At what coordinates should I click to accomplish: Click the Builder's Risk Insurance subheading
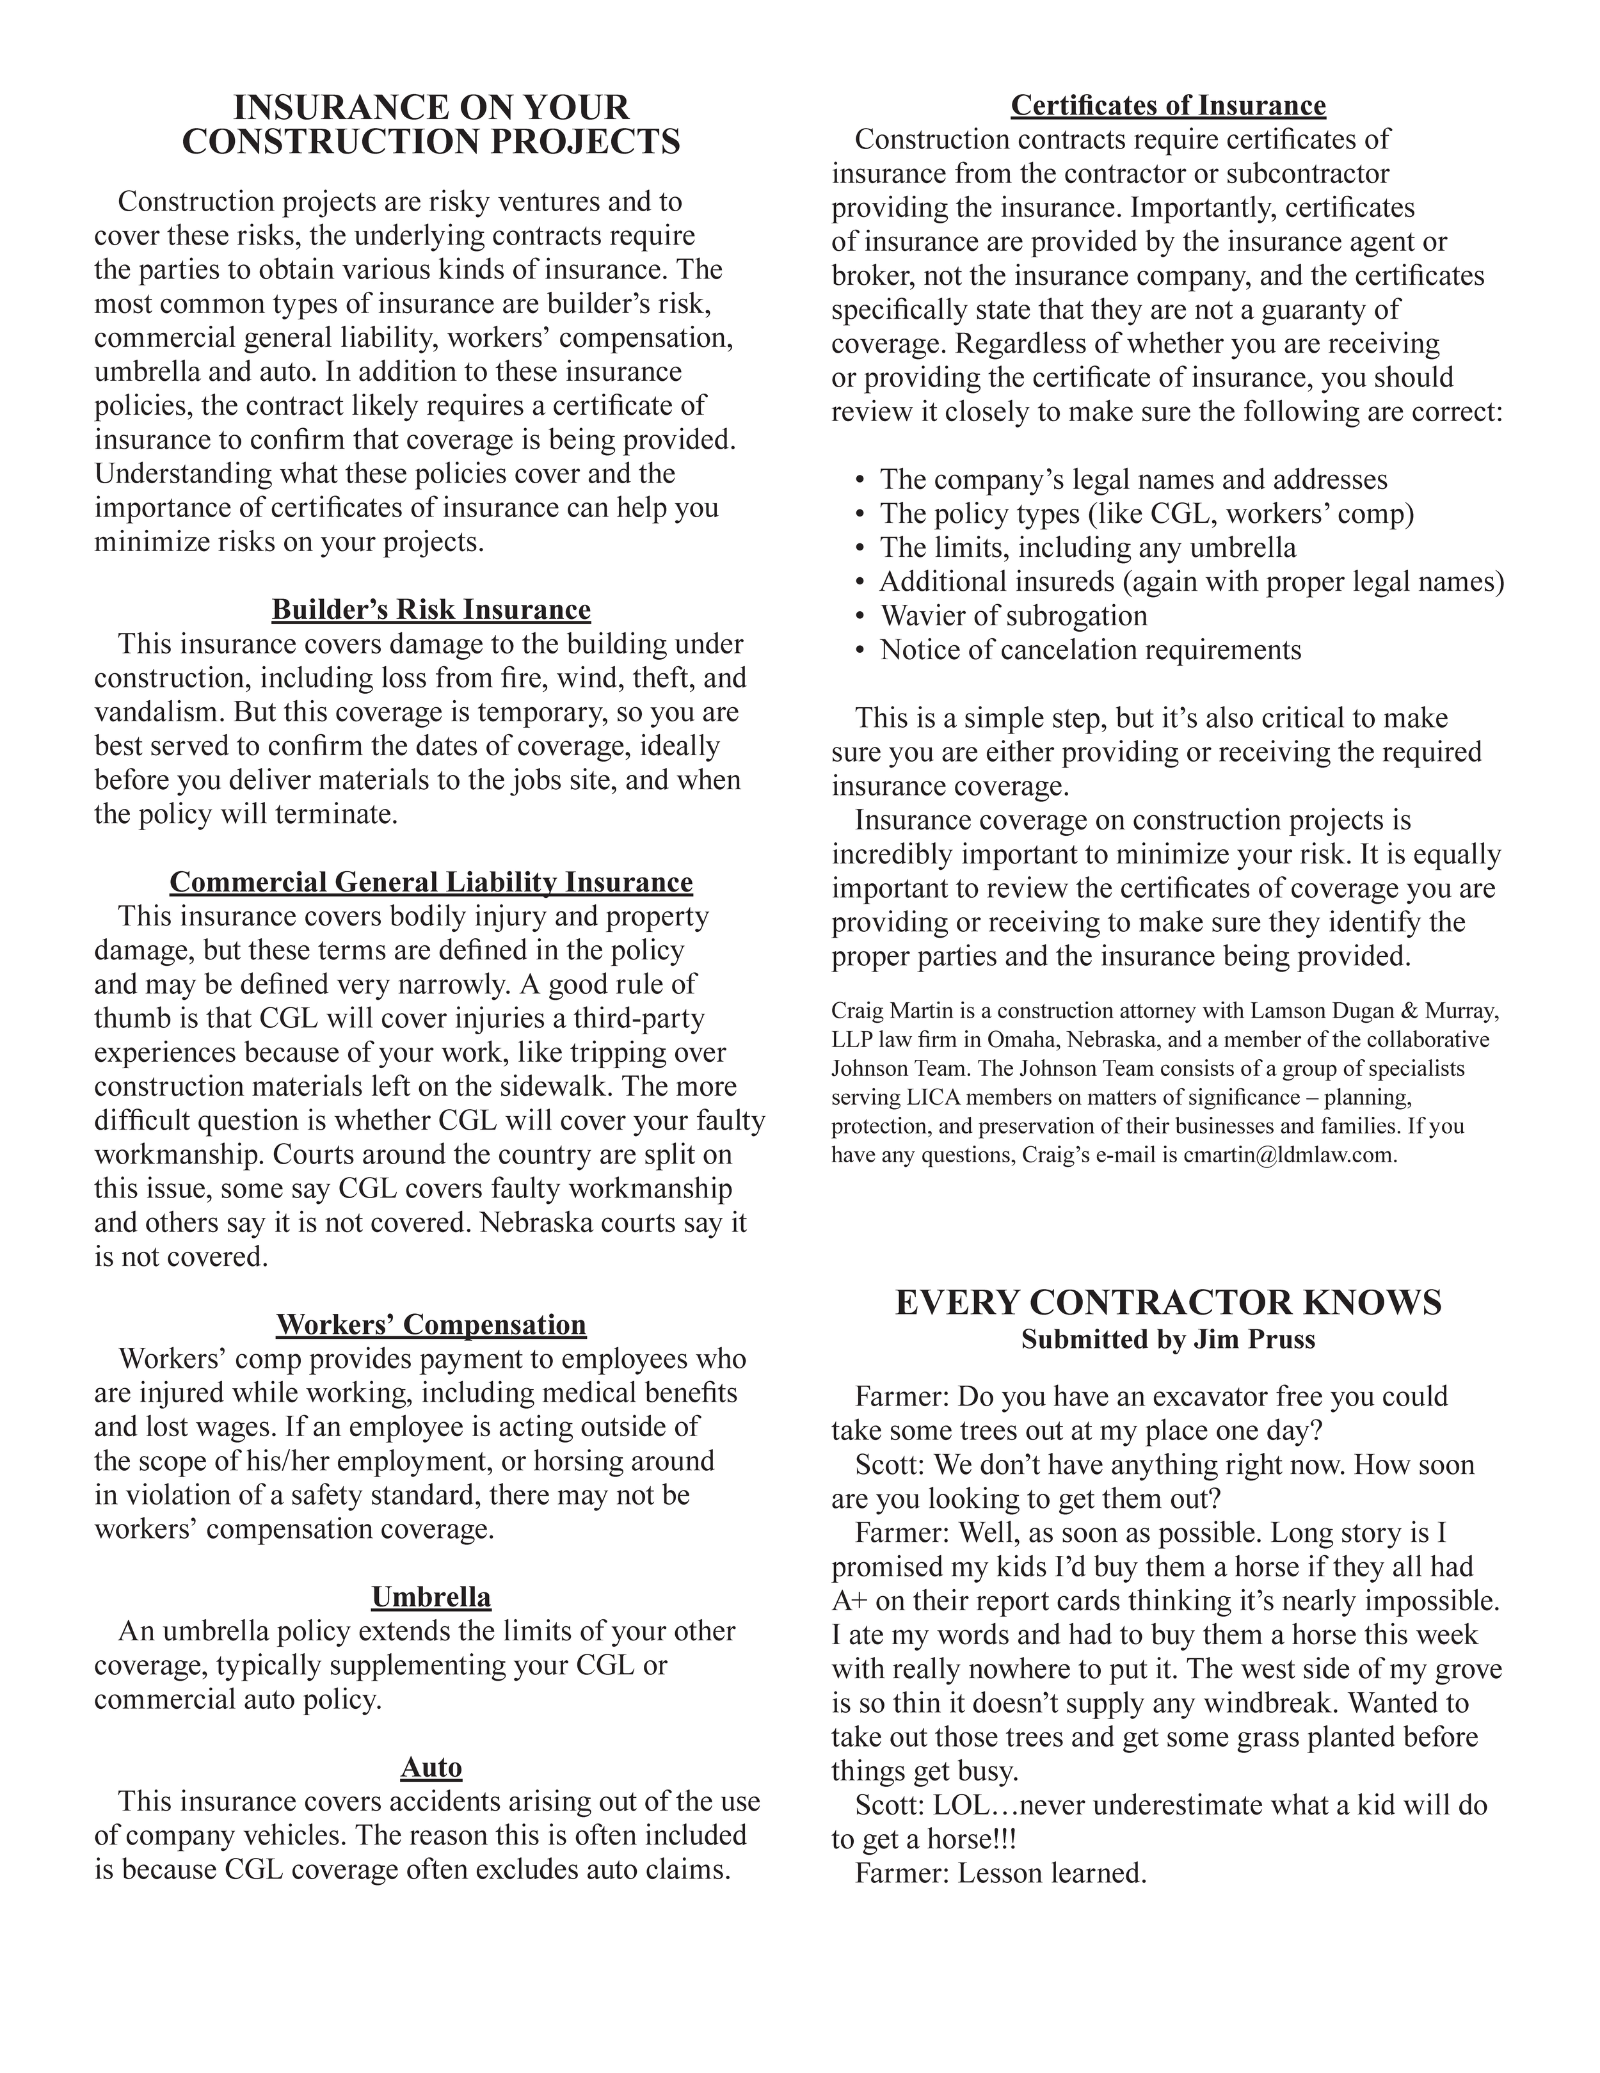(x=431, y=609)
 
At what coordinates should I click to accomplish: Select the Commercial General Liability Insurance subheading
(x=431, y=883)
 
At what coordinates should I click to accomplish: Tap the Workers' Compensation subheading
(x=431, y=1324)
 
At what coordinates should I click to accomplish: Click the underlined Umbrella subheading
(x=431, y=1597)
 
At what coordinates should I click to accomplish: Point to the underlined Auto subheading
(x=431, y=1767)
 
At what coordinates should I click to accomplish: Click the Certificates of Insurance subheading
(x=1167, y=106)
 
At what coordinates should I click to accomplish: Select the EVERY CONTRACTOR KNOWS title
(x=1167, y=1302)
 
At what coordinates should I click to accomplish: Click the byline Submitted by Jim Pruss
(x=1167, y=1340)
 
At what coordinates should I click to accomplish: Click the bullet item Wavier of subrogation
(x=1012, y=616)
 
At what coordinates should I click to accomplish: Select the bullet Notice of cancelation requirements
(x=1089, y=650)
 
